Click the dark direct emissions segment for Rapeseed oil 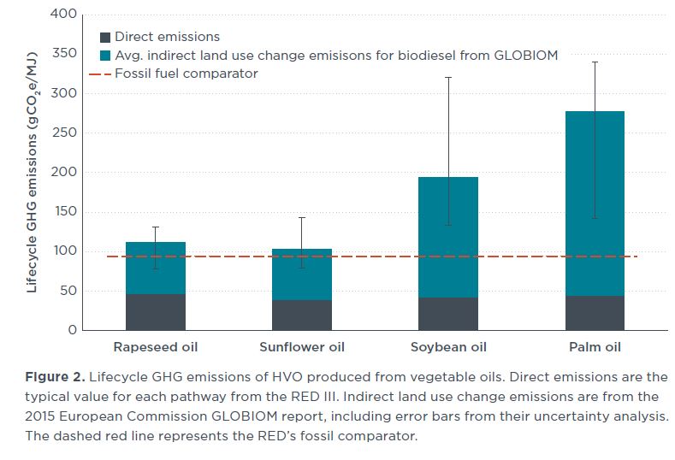[x=155, y=312]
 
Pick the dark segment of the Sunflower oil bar [x=301, y=315]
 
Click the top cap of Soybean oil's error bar [x=448, y=78]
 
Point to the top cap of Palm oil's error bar [x=595, y=62]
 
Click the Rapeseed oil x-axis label [x=155, y=347]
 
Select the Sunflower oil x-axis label [x=301, y=347]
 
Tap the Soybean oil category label [x=448, y=347]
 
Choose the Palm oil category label [x=595, y=347]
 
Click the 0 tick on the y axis [x=72, y=330]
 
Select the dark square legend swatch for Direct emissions [x=105, y=37]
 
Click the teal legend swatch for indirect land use [x=105, y=56]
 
